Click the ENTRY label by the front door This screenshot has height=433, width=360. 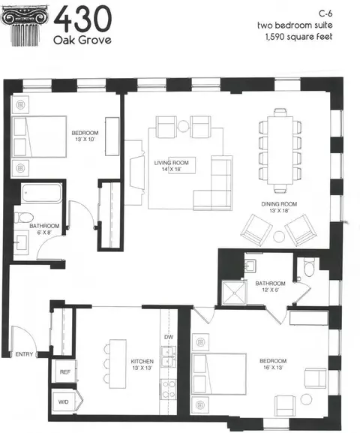[x=24, y=354]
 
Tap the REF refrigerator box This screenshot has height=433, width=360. [x=64, y=371]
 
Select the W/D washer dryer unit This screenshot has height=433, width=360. [x=64, y=401]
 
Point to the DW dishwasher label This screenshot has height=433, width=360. [x=169, y=337]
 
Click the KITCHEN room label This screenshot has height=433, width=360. [x=142, y=362]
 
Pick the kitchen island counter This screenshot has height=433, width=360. [x=118, y=364]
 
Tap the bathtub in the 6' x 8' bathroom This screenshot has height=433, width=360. [x=42, y=193]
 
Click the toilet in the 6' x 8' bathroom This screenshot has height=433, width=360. [x=24, y=218]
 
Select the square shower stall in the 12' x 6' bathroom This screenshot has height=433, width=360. [x=235, y=293]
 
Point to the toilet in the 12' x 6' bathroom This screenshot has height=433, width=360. [x=309, y=266]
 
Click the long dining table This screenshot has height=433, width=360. [x=280, y=151]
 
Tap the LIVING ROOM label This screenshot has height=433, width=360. [x=172, y=163]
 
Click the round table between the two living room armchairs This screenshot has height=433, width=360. [x=183, y=126]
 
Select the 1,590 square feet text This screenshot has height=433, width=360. [x=298, y=37]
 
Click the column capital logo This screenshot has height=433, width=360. [x=25, y=26]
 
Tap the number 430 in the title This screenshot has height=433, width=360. [x=82, y=19]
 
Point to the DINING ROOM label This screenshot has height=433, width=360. [x=279, y=204]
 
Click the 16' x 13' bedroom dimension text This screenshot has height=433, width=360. [x=273, y=368]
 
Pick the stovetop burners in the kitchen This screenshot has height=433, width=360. [x=169, y=389]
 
